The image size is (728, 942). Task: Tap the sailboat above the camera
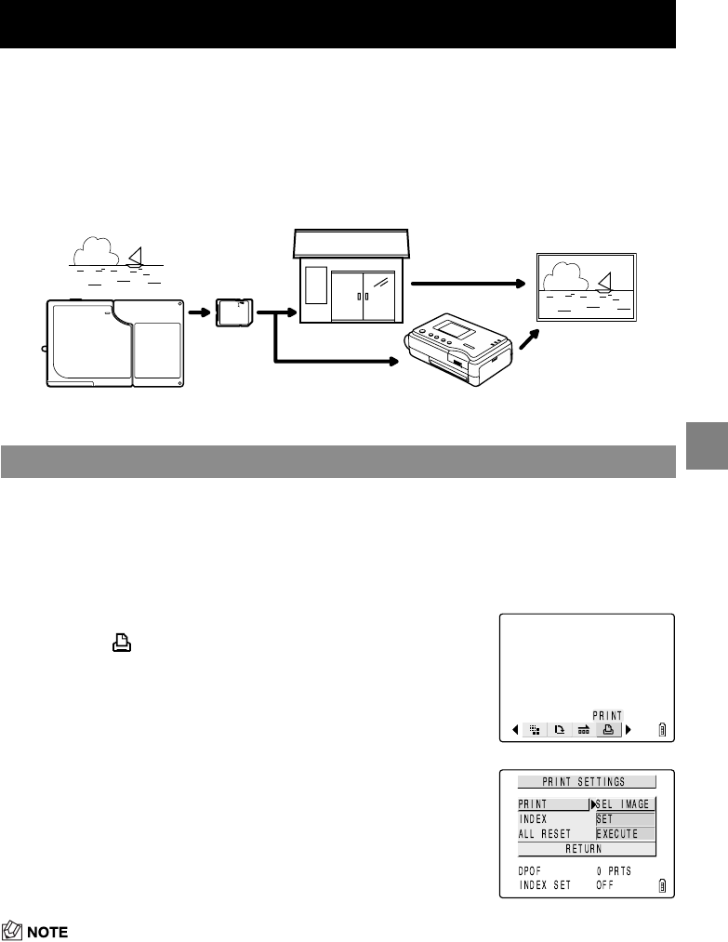pyautogui.click(x=136, y=257)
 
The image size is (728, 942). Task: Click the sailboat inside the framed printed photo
pyautogui.click(x=608, y=280)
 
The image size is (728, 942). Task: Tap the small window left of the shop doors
pyautogui.click(x=316, y=287)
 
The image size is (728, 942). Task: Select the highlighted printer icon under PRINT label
pyautogui.click(x=608, y=730)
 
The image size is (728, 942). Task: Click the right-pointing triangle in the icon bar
pyautogui.click(x=629, y=730)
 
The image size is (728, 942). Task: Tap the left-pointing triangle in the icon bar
pyautogui.click(x=515, y=730)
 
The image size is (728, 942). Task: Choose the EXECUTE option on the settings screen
pyautogui.click(x=625, y=834)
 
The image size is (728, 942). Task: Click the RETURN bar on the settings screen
pyautogui.click(x=586, y=849)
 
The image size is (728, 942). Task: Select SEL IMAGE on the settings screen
pyautogui.click(x=625, y=804)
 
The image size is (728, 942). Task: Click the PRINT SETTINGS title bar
pyautogui.click(x=586, y=782)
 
